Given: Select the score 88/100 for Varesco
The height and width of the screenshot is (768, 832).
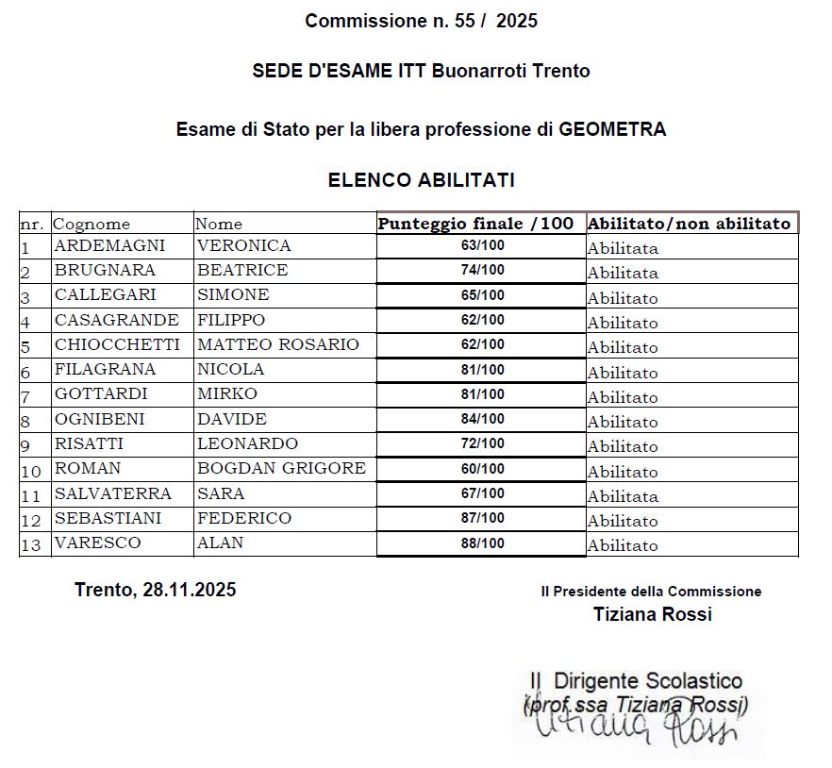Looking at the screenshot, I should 482,543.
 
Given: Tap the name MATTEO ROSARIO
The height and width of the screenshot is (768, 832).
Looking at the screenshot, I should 277,345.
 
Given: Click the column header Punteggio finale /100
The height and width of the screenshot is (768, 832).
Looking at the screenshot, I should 475,224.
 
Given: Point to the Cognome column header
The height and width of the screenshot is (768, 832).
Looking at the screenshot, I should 92,225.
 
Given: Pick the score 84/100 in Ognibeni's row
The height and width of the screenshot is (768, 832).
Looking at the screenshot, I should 482,419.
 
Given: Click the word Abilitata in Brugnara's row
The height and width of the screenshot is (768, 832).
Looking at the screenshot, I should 623,274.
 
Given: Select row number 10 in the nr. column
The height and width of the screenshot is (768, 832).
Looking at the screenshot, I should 31,471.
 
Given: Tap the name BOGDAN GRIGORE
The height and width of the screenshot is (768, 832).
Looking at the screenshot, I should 281,469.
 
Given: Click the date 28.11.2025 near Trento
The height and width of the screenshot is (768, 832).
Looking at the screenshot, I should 189,591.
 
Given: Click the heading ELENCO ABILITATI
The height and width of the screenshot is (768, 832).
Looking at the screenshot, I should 421,180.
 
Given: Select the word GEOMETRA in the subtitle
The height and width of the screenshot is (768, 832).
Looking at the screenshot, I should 612,129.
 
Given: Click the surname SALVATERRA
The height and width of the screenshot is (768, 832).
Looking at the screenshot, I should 113,493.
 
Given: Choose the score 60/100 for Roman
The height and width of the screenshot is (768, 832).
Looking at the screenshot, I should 482,469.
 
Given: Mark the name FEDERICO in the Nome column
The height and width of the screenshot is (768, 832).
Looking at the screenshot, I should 244,518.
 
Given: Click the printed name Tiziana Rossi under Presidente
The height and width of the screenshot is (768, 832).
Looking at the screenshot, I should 653,615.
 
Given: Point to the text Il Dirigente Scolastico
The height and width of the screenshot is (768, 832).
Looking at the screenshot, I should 636,681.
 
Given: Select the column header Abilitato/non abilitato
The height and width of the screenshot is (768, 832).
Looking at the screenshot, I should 689,224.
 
